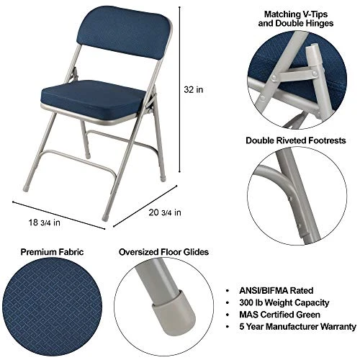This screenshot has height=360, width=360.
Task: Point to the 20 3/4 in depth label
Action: [x=162, y=212]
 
